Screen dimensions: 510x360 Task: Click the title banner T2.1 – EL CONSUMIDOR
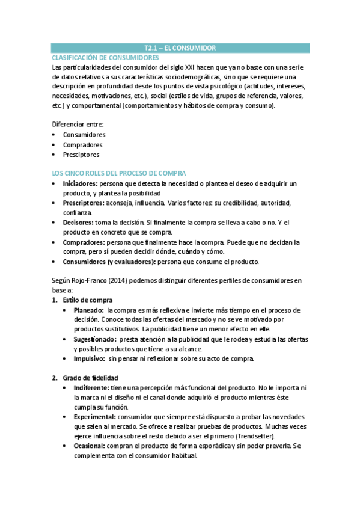pyautogui.click(x=180, y=48)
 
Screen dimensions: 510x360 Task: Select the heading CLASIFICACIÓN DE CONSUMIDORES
pyautogui.click(x=106, y=57)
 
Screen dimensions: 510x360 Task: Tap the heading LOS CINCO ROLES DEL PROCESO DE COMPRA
pyautogui.click(x=119, y=173)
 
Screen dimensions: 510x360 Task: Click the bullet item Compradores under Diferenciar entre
pyautogui.click(x=82, y=144)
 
